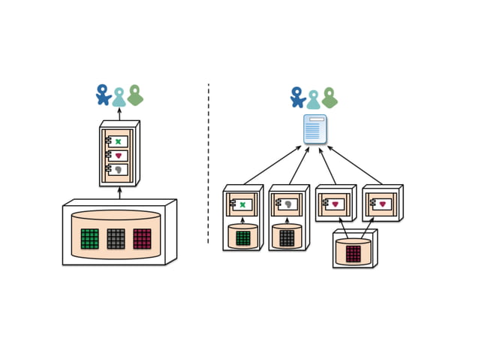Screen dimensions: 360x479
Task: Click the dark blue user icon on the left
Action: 104,95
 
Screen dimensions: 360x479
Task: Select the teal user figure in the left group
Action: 119,97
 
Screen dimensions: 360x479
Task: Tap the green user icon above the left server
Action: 135,95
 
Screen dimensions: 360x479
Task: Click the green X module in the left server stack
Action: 119,141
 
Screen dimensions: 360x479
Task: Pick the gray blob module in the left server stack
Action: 119,171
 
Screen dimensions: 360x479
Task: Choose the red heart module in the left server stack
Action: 119,156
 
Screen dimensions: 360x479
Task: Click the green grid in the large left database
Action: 90,238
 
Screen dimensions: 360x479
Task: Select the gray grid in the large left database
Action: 116,238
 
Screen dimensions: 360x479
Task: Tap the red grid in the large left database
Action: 142,238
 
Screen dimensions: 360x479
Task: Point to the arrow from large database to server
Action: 119,194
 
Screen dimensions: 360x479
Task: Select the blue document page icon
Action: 315,130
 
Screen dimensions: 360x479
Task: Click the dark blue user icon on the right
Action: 298,97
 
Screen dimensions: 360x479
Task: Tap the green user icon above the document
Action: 329,97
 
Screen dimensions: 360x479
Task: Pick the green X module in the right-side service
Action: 243,204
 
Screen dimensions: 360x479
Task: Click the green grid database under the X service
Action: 243,237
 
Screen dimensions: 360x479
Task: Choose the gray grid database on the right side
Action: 288,237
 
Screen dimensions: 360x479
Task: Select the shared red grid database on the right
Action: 353,253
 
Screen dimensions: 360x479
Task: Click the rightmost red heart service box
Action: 383,204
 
